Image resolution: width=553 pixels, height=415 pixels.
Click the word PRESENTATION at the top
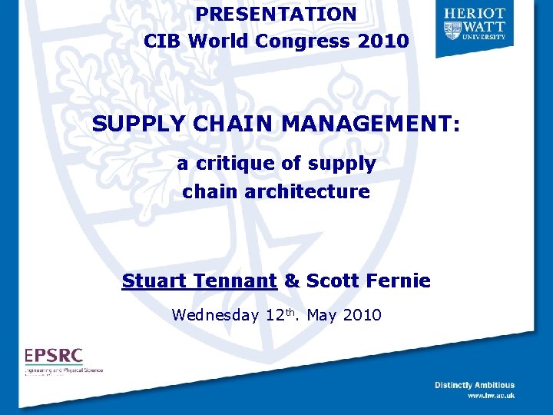pyautogui.click(x=276, y=14)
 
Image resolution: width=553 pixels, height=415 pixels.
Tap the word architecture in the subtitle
pyautogui.click(x=307, y=191)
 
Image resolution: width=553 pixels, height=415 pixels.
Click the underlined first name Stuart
pyautogui.click(x=154, y=281)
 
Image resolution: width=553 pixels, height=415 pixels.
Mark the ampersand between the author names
pyautogui.click(x=292, y=281)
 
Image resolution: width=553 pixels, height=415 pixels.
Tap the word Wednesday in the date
pyautogui.click(x=216, y=315)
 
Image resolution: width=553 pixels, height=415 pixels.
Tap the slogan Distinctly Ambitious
pyautogui.click(x=474, y=385)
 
